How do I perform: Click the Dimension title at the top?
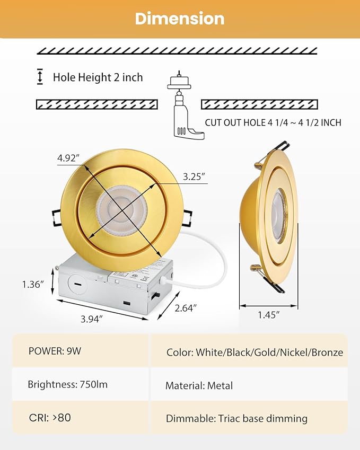point(180,19)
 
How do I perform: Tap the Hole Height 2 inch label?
point(98,77)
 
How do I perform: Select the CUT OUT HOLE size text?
point(273,122)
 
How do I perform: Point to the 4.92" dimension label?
point(68,157)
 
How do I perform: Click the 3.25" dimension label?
point(194,177)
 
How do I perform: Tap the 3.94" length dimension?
point(91,318)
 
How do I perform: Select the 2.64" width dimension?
point(186,307)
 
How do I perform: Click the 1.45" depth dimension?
point(268,314)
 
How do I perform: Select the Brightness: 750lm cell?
point(67,384)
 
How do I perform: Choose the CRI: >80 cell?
point(50,417)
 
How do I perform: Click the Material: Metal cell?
point(199,386)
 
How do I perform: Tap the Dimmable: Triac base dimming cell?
point(236,418)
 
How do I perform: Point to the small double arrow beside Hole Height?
point(40,77)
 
